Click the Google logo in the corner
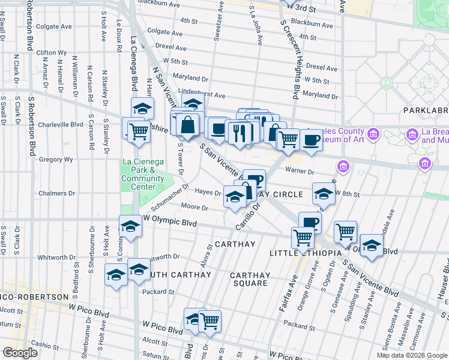pos(20,353)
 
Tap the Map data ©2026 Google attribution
pos(412,355)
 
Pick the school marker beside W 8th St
pos(324,193)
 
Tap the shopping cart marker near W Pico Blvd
pos(209,321)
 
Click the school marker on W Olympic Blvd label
pos(130,226)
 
